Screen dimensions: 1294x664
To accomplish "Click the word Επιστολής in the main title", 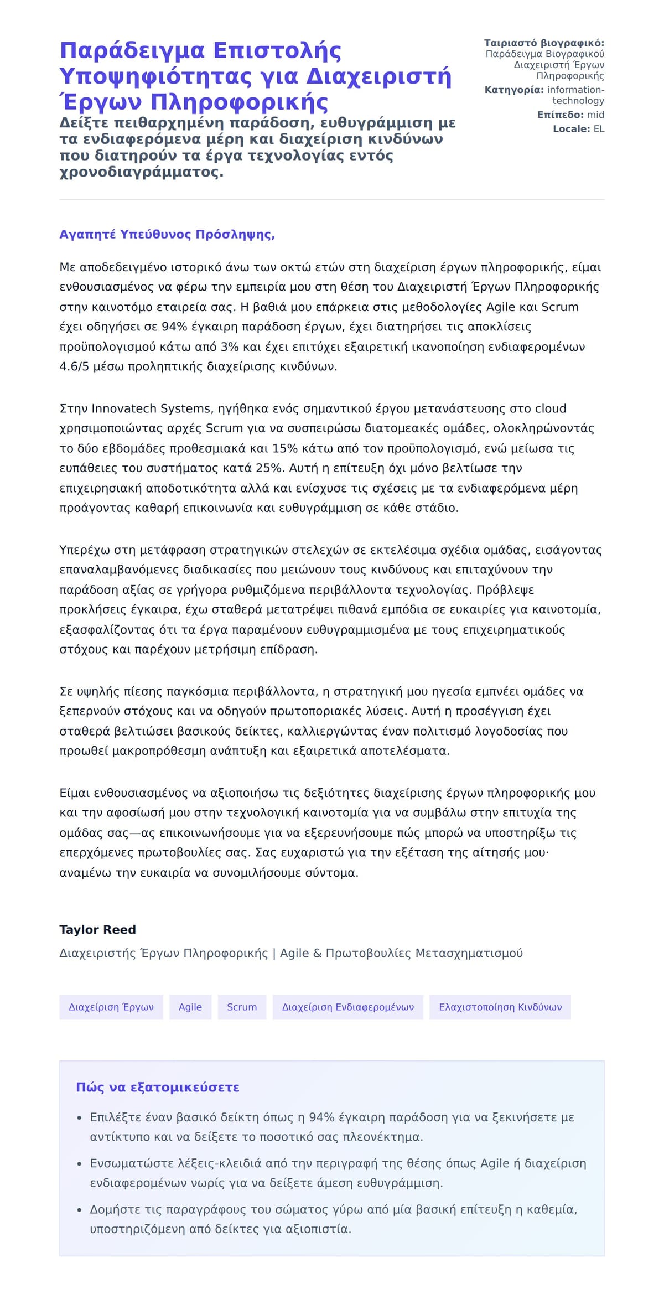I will [277, 50].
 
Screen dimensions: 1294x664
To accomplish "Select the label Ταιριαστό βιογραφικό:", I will [544, 43].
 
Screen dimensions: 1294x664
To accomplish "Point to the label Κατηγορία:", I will [514, 90].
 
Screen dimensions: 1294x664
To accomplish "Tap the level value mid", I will [595, 115].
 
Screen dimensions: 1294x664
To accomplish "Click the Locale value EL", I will [599, 129].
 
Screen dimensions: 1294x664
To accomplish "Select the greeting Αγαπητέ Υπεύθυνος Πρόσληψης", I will [167, 234].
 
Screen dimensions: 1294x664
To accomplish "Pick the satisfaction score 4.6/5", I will [74, 366].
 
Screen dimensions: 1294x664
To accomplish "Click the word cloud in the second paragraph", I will [551, 408].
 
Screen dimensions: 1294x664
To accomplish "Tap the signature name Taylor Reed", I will [97, 929].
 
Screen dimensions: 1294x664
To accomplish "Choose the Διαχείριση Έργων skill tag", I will [111, 1007].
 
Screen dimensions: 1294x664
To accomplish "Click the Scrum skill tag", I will [242, 1007].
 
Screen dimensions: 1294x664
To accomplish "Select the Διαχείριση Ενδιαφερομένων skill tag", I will [347, 1007].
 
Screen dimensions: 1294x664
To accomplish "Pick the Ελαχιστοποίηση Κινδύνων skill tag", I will [500, 1007].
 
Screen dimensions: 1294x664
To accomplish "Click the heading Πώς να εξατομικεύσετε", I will [158, 1087].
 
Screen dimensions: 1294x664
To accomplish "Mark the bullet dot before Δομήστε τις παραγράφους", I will [80, 1210].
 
